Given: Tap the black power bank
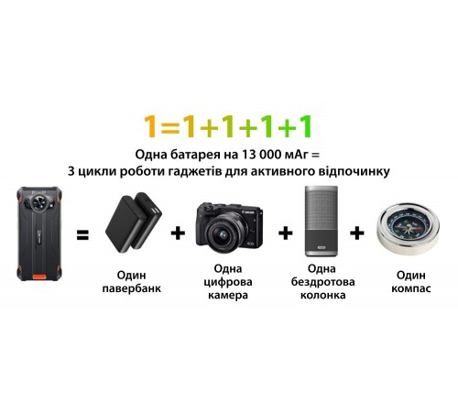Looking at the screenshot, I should point(134,224).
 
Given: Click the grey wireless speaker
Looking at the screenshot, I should point(321,222).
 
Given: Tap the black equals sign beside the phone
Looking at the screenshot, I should point(82,235).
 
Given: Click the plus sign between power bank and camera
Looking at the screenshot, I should point(179,234).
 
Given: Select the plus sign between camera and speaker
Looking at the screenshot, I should point(285,234).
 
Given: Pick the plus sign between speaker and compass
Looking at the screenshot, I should point(357,234).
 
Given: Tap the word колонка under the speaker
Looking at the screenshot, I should point(322,298).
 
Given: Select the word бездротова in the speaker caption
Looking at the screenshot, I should point(322,285).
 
